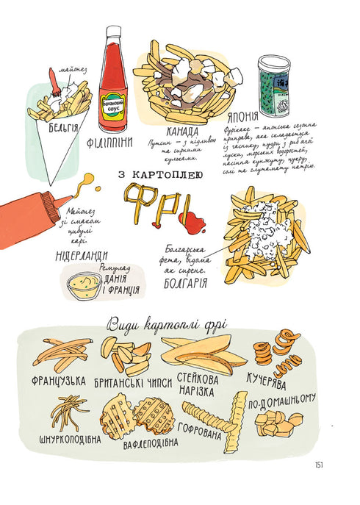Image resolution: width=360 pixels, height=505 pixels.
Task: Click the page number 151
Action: [318, 464]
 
